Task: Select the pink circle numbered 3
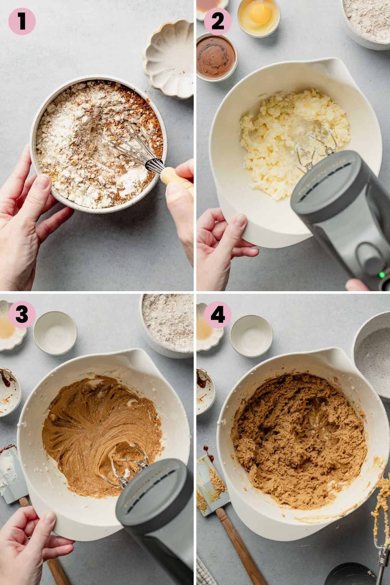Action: tap(22, 315)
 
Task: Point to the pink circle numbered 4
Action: tap(217, 315)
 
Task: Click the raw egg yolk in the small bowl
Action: tap(258, 15)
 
